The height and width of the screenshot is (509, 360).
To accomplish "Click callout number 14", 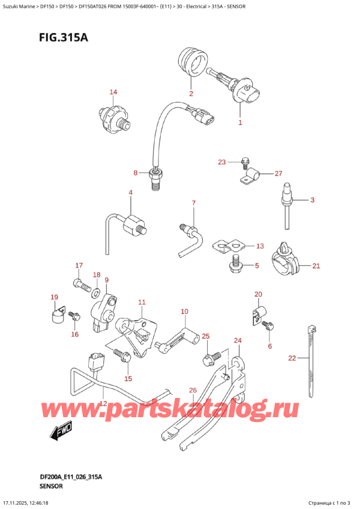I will pyautogui.click(x=113, y=92).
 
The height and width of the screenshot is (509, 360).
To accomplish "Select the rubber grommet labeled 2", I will pyautogui.click(x=193, y=63).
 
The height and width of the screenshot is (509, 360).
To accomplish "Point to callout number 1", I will pyautogui.click(x=240, y=122).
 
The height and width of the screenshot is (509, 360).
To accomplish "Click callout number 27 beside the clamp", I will pyautogui.click(x=278, y=173).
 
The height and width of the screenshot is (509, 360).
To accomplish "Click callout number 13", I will pyautogui.click(x=260, y=246).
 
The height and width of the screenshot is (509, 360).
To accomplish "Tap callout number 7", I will pyautogui.click(x=194, y=203).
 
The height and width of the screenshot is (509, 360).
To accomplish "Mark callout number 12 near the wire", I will pyautogui.click(x=103, y=404).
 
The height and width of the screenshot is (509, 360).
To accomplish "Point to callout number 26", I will pyautogui.click(x=193, y=390).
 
